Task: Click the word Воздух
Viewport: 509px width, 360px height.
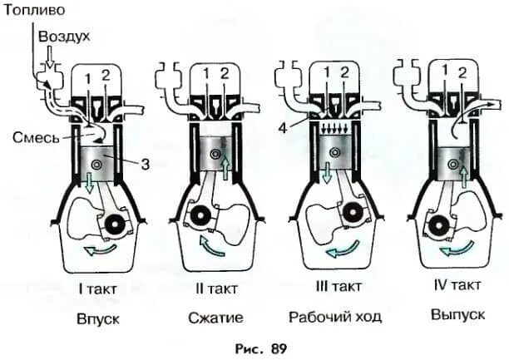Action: (63, 37)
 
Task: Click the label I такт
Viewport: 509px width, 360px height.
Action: (100, 289)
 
